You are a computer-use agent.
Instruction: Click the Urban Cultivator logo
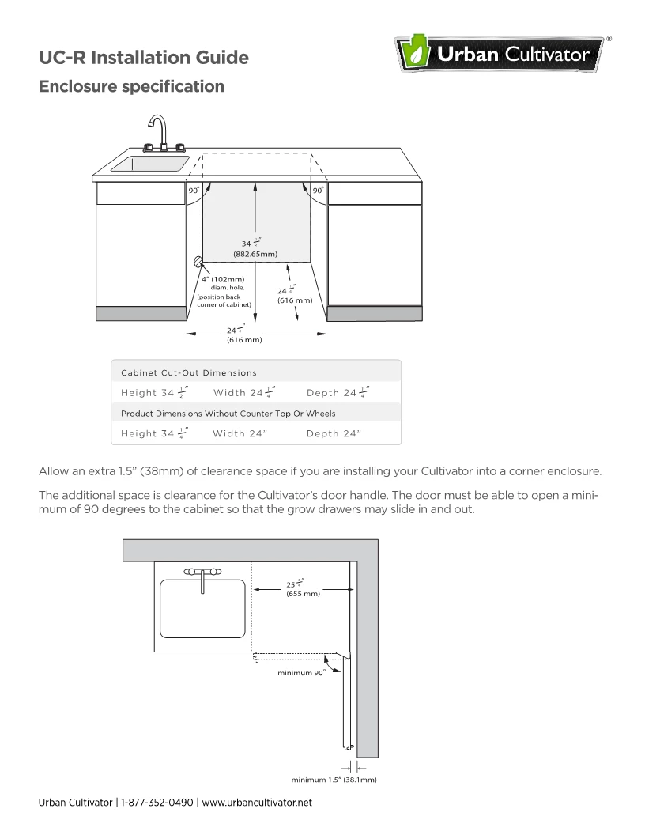point(503,56)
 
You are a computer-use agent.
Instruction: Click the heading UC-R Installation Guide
point(144,58)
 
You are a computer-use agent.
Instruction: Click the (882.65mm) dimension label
point(255,254)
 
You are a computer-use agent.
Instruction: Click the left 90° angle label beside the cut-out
point(193,191)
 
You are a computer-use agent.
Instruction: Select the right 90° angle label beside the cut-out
point(317,191)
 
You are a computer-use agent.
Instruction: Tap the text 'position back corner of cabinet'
point(224,300)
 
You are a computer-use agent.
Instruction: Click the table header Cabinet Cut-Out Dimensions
point(188,372)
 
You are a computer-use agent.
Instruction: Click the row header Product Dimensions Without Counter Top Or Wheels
point(228,414)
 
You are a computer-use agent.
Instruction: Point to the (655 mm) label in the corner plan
point(303,593)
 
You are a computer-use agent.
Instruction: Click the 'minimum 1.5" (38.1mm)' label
point(333,780)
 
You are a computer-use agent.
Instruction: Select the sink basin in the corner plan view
point(202,608)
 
